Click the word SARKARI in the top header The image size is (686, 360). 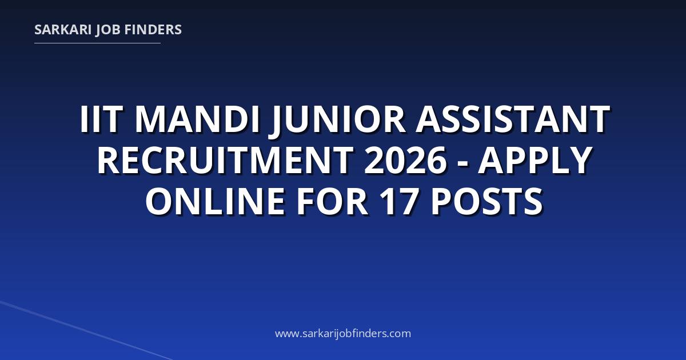point(63,30)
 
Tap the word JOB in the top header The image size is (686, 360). point(108,30)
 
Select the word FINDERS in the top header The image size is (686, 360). point(153,30)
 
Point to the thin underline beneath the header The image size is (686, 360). point(97,43)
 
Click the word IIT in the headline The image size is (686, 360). point(99,119)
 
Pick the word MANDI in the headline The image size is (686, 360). point(198,119)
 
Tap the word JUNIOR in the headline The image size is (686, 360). point(337,121)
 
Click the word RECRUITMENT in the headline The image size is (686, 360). point(225,160)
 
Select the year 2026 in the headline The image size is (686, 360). point(405,160)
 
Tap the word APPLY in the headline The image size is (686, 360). point(535,160)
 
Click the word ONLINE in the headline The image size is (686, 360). point(215,201)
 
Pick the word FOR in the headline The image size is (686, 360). point(332,201)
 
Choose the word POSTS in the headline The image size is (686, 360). point(487,201)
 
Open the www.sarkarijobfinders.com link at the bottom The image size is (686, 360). point(343,334)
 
